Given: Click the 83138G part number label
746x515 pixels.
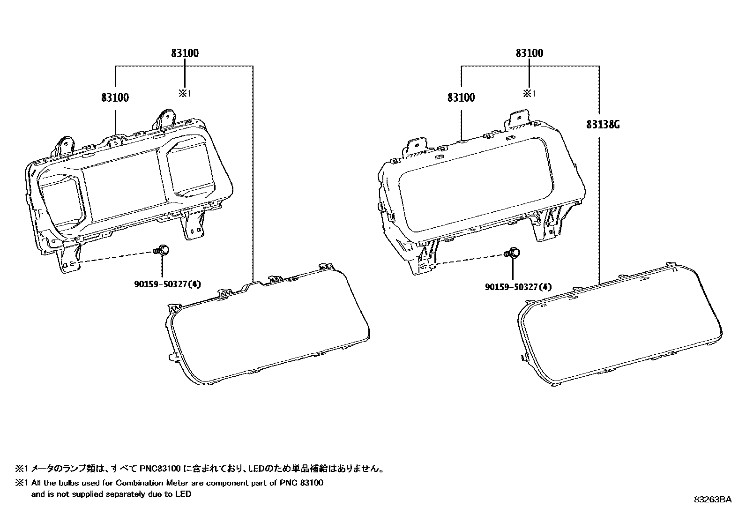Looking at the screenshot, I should point(603,125).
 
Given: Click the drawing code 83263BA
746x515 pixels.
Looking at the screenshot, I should point(713,500).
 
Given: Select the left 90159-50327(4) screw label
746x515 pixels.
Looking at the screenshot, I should point(166,284).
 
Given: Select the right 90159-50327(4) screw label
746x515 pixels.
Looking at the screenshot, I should point(518,287).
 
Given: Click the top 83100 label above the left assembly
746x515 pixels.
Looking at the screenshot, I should point(185,53).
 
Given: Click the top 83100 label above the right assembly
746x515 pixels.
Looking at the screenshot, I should point(530,53).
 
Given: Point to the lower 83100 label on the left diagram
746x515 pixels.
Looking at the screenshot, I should point(115,98).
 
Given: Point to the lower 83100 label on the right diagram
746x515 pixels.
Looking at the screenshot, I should point(461,98).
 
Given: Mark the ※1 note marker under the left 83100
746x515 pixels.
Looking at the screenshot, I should point(185,94).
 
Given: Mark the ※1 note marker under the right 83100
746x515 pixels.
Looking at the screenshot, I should point(530,94).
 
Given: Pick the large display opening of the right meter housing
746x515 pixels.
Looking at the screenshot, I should point(478,197).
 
